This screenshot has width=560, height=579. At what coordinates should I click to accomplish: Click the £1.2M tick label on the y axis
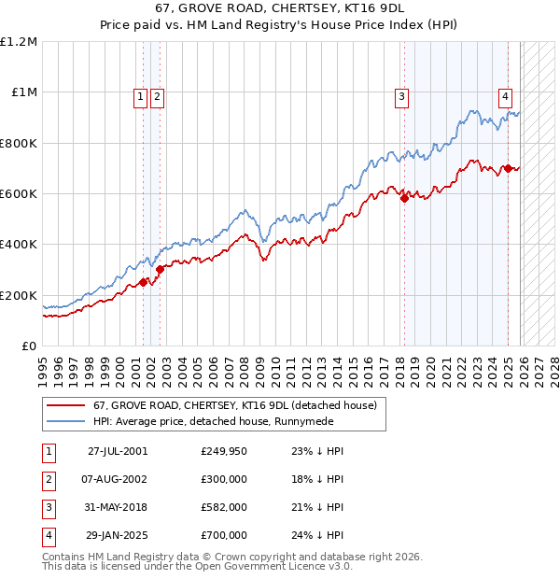[19, 42]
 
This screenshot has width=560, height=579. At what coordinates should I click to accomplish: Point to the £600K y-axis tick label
[19, 194]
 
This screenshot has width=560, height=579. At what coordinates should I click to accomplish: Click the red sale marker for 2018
[404, 198]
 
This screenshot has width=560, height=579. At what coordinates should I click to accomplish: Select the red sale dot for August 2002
[160, 270]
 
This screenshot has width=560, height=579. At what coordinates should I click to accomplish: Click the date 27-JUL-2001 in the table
[118, 450]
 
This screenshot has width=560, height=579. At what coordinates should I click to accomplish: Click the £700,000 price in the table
[224, 536]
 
